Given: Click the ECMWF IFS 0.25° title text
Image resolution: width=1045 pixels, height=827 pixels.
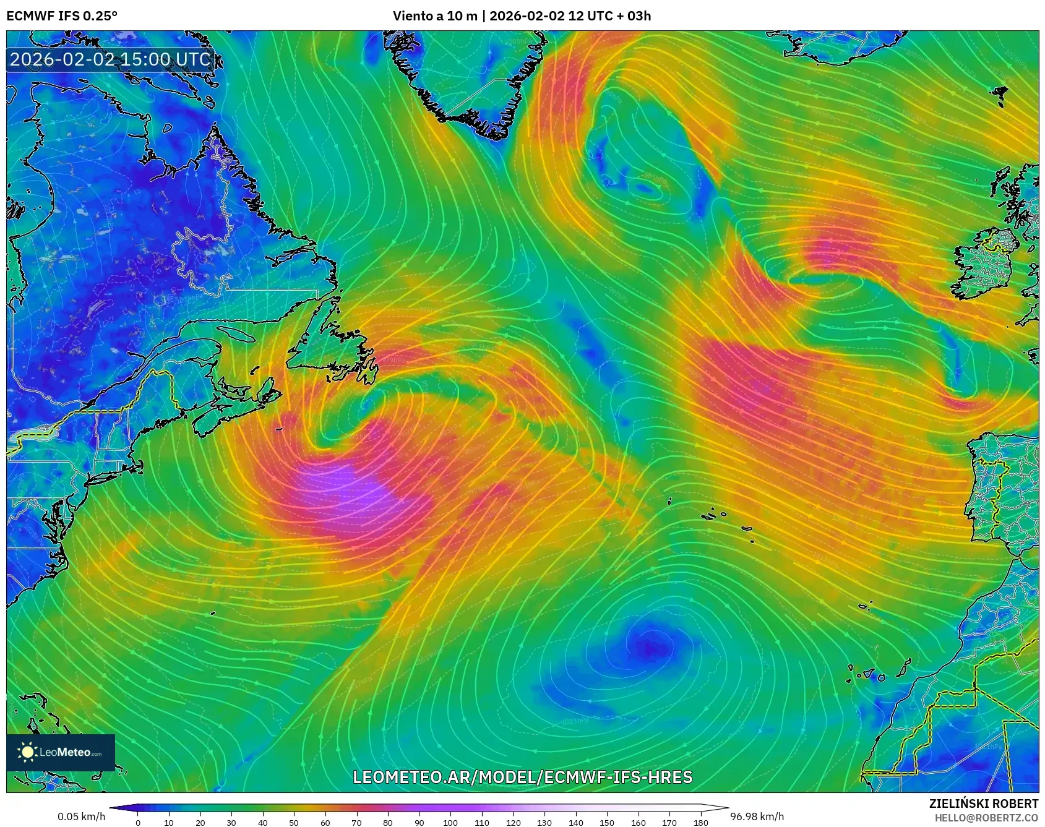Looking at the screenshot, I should point(61,15).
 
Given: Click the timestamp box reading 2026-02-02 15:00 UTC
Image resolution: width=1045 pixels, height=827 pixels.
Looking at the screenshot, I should point(111,59).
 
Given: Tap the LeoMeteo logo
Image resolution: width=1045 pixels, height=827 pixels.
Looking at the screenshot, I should point(61,752).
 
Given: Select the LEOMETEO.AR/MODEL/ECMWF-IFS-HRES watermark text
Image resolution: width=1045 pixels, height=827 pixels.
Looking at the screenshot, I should point(522,777).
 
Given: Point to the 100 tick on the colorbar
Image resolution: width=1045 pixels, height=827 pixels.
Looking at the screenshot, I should point(450,822).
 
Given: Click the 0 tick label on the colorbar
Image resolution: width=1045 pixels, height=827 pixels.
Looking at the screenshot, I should point(138,822).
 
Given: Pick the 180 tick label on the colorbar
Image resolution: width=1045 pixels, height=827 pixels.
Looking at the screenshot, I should point(701,822).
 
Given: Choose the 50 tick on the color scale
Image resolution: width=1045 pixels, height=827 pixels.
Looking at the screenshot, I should point(294,822).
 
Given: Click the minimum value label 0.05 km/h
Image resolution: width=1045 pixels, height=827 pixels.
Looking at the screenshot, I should point(81,816).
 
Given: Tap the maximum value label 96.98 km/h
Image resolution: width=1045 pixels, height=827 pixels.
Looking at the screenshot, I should point(757,816).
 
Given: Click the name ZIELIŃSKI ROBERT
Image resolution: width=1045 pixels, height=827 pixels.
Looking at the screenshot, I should point(984,803).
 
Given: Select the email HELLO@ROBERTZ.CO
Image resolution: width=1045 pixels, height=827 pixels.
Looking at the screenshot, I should point(986,818).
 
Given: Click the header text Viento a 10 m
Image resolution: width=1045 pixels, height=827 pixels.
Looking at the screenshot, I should point(434,15).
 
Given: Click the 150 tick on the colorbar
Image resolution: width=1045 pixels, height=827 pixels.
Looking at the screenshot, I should point(607,822).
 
